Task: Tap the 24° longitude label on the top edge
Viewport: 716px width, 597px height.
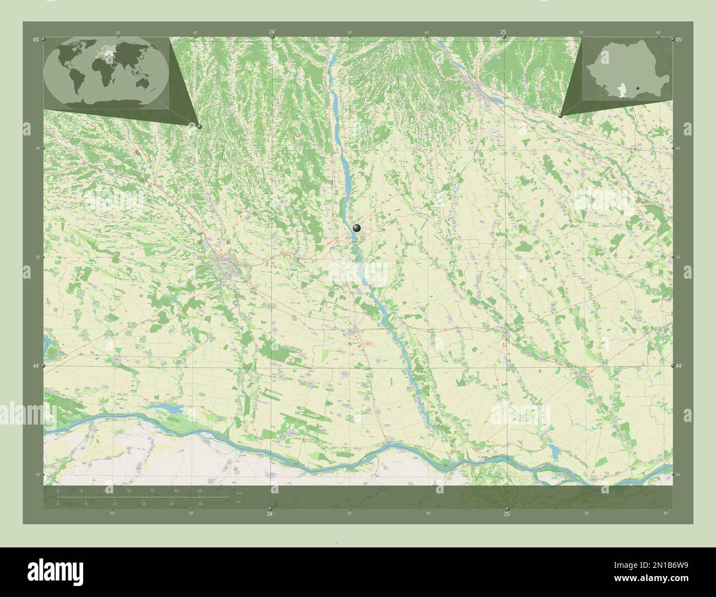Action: point(272,32)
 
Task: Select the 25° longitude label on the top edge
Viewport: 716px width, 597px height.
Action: point(503,32)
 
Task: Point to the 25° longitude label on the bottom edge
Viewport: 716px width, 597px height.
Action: point(507,514)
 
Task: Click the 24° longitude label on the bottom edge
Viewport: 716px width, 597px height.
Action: point(270,514)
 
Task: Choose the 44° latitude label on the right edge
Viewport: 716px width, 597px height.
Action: point(679,366)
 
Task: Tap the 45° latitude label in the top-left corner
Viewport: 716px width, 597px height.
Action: point(36,40)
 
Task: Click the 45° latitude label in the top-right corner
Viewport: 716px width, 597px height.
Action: point(679,40)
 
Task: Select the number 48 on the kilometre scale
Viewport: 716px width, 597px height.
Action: point(199,490)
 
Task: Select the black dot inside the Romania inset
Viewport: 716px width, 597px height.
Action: point(637,87)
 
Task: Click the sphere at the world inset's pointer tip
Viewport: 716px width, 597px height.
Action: point(199,127)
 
